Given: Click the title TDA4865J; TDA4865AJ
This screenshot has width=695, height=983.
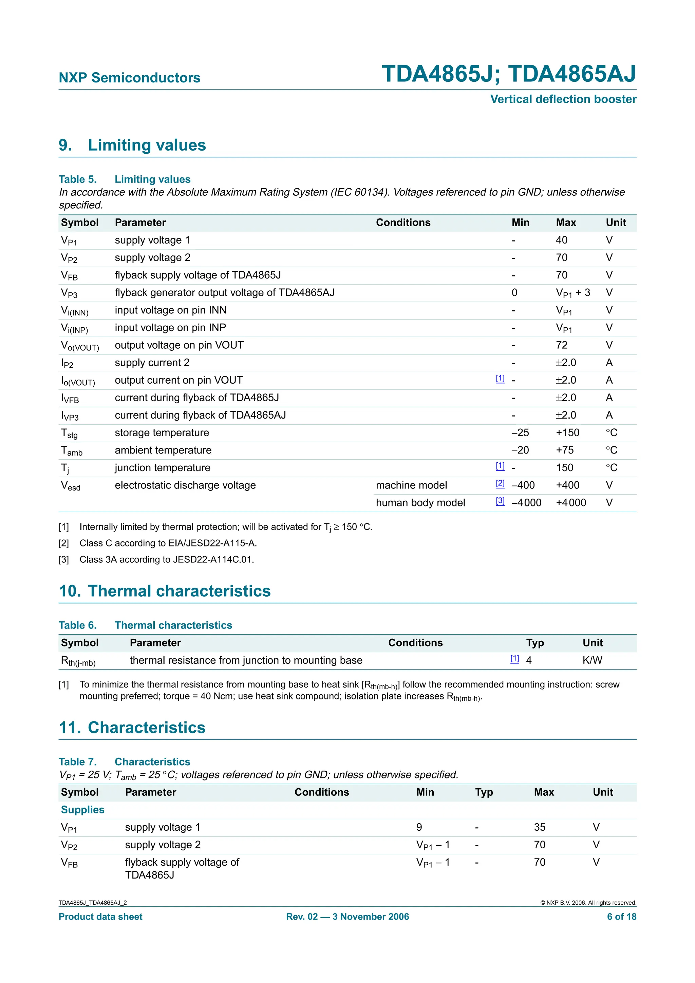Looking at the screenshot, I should point(508,74).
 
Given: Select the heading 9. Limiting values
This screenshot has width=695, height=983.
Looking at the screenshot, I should point(132,145).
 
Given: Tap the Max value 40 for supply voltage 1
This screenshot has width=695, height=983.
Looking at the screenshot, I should point(561,240).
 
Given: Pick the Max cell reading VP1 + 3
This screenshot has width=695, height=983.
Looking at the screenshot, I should point(572,293).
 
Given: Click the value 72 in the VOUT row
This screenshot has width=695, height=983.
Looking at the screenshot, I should point(561,345).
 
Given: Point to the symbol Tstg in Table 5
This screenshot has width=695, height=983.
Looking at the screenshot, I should point(69,433).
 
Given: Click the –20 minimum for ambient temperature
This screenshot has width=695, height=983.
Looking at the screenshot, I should point(520,450).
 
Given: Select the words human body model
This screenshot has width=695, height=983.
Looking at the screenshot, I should point(420,503).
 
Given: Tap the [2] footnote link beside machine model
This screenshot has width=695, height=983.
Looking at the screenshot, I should point(500,483).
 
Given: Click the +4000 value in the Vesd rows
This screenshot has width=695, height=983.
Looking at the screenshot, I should point(570,503).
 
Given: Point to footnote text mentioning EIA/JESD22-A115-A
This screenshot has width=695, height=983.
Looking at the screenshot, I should point(168,543).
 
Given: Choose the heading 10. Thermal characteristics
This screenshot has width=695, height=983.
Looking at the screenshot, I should point(165,591).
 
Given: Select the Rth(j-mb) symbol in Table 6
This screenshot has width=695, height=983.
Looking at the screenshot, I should point(78,661).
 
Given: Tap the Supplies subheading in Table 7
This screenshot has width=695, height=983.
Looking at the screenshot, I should point(83,810).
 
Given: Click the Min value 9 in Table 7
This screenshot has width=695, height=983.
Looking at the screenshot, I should point(419,827).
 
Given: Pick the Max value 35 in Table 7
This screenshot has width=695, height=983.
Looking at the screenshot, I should point(540,827).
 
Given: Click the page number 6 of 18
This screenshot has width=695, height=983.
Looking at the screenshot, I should point(621,917).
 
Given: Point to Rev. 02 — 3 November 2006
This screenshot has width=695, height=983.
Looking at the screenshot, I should point(347,917).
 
